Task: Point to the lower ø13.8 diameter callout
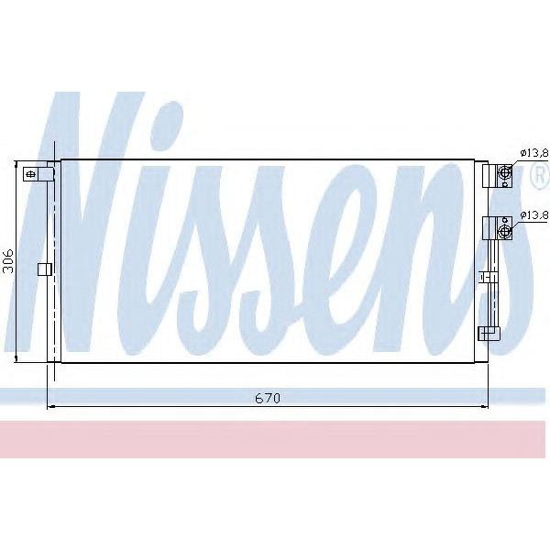point(533,215)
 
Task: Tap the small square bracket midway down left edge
point(41,269)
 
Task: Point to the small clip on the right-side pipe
point(489,274)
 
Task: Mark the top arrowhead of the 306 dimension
point(17,165)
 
